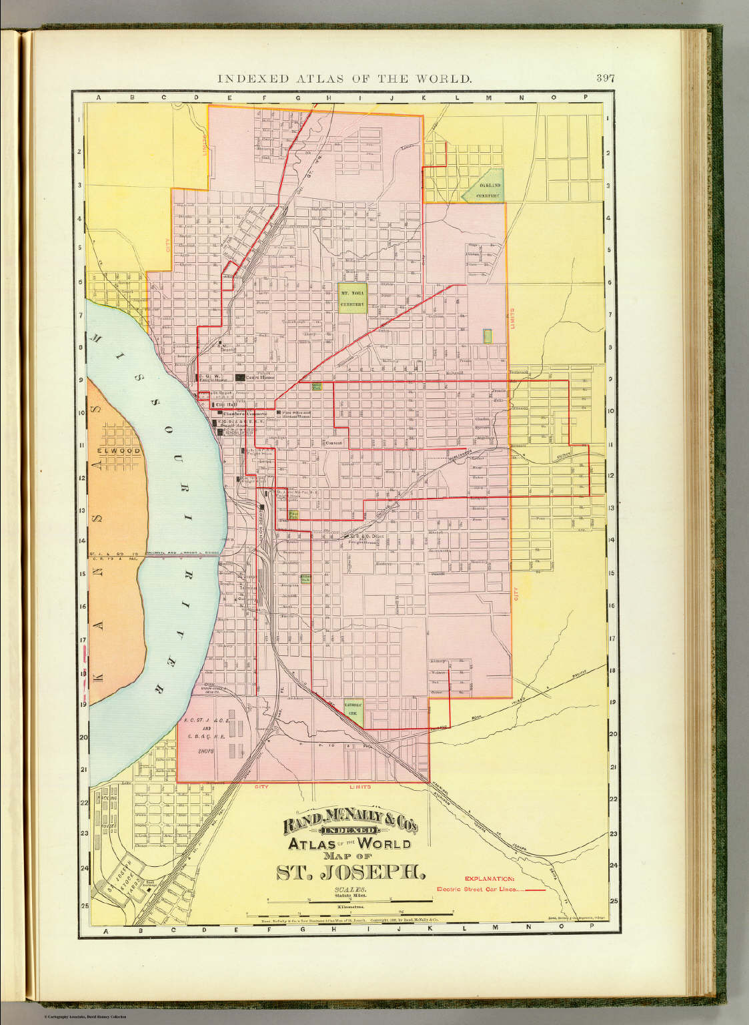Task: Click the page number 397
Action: [605, 78]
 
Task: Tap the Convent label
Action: [333, 443]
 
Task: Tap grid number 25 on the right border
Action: [612, 902]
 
